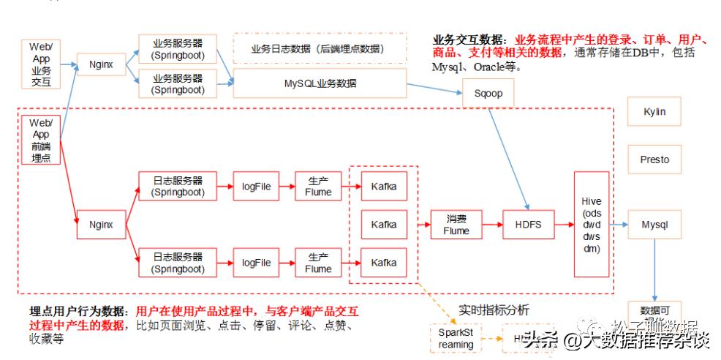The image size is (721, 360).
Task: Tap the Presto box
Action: (654, 159)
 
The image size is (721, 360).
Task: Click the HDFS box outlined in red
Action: (528, 225)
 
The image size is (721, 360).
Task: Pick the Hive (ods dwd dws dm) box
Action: (592, 224)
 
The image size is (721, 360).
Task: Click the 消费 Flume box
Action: (456, 225)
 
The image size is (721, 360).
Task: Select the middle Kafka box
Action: (384, 224)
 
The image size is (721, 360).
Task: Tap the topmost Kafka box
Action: (384, 186)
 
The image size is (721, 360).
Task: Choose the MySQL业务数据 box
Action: (320, 83)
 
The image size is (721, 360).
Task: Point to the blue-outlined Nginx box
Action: (101, 64)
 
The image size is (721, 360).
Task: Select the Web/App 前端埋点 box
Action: (41, 139)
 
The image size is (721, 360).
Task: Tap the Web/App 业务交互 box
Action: (41, 64)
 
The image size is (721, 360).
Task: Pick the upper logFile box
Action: (256, 187)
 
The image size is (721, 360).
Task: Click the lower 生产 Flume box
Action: (318, 263)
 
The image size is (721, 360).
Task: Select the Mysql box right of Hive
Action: (654, 225)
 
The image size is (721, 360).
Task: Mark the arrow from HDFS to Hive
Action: (564, 225)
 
